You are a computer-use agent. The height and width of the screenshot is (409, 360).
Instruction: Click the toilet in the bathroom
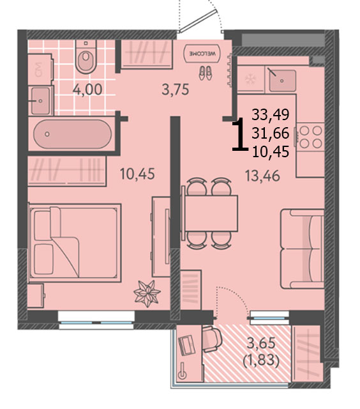point(86,56)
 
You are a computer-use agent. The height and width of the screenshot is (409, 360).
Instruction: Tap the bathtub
point(73,134)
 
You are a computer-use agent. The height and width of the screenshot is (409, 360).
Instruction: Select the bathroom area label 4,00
point(87,90)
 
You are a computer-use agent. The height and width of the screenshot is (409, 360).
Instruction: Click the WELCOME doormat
point(202,54)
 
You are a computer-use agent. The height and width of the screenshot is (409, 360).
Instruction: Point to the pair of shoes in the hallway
point(206,73)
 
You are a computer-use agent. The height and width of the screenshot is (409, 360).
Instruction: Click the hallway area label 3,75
point(176,90)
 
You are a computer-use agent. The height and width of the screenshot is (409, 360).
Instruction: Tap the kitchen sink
point(282,81)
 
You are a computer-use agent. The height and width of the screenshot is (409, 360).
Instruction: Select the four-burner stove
point(310,137)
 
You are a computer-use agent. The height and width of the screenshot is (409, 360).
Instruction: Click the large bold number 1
point(240,135)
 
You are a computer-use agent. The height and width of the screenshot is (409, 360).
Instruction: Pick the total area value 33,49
point(271,114)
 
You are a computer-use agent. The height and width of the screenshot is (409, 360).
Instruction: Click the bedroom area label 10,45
point(137,174)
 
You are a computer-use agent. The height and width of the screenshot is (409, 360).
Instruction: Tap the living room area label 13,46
point(262,176)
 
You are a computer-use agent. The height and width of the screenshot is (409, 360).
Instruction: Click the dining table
point(211,213)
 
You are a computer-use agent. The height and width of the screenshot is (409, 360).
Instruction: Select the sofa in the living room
point(303,249)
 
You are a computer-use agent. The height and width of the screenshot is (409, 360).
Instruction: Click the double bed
point(75,243)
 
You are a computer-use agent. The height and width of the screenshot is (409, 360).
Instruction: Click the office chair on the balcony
point(212,339)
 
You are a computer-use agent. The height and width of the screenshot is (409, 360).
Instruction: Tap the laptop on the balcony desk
point(187,346)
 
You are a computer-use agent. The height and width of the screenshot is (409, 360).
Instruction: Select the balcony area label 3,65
point(261,343)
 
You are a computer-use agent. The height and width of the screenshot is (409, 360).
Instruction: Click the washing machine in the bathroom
point(40,70)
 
